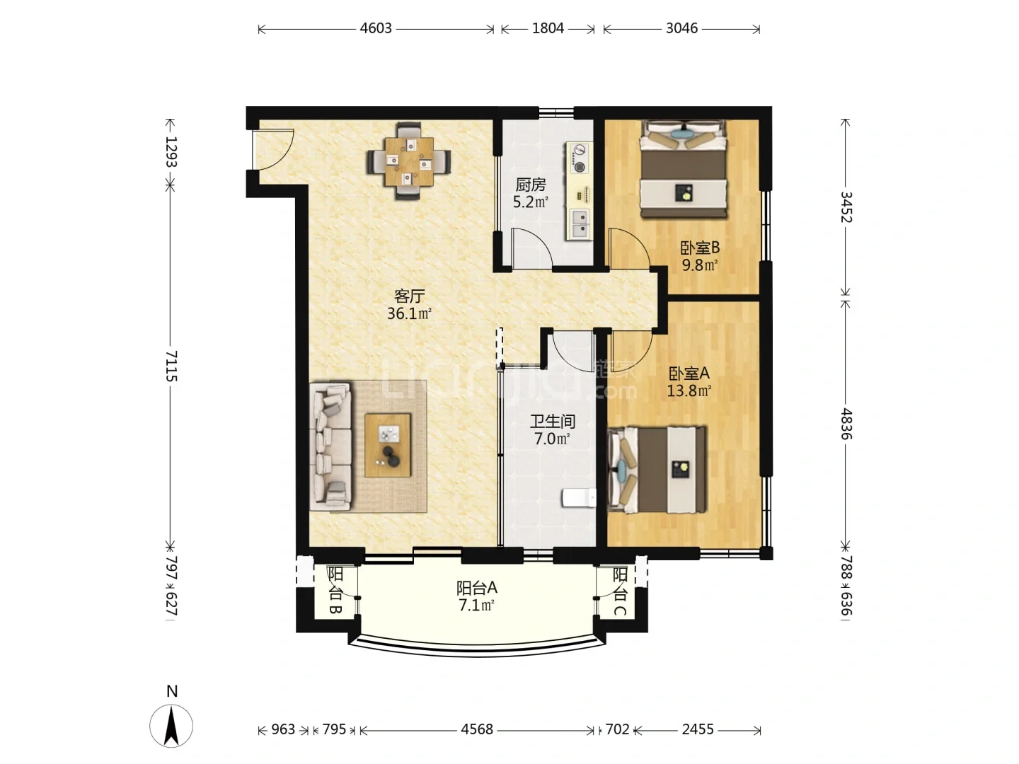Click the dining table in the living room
click(409, 161)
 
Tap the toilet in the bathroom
click(579, 498)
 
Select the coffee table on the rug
click(388, 446)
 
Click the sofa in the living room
click(330, 446)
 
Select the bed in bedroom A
click(657, 470)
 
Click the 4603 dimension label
click(376, 28)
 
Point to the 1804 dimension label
click(548, 28)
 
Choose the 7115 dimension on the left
click(171, 366)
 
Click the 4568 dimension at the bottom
click(477, 729)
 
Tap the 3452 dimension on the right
click(846, 207)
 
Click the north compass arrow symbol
click(171, 726)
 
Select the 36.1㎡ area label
click(409, 313)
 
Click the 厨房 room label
click(530, 185)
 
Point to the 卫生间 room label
click(553, 421)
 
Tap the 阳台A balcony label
click(477, 588)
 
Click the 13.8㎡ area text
click(689, 391)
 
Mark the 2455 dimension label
click(697, 729)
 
